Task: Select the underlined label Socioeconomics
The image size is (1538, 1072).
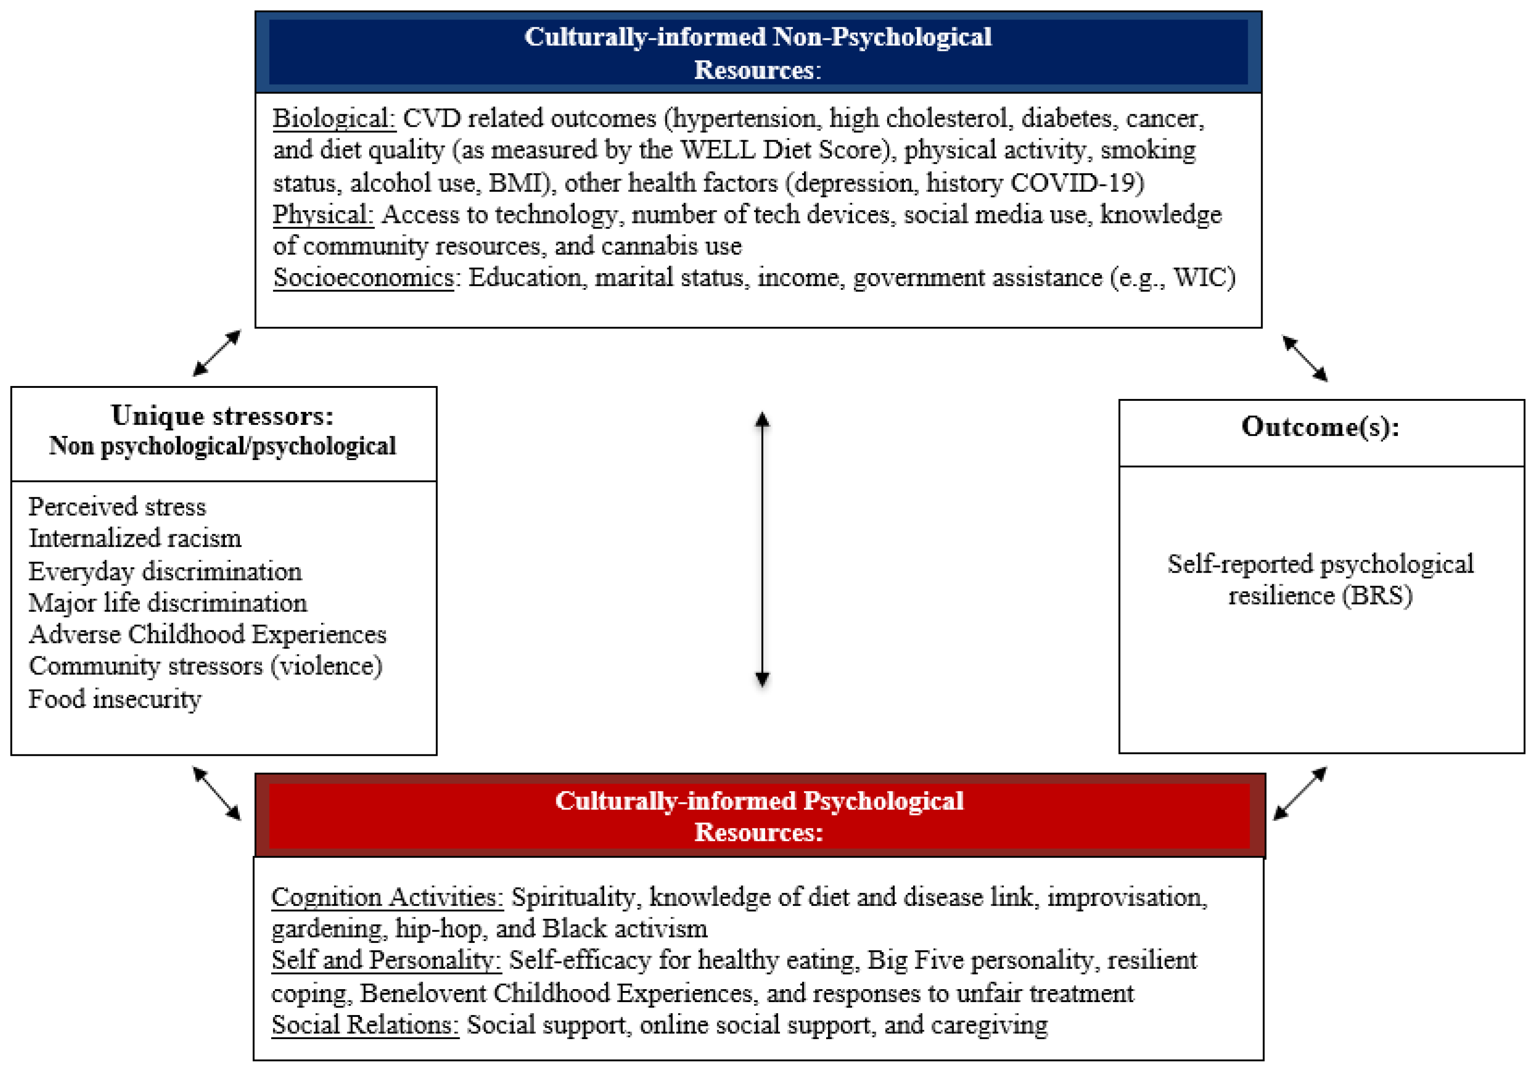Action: click(x=363, y=277)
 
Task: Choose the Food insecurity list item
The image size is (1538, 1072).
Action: click(x=114, y=699)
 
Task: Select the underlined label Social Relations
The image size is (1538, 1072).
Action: click(x=365, y=1025)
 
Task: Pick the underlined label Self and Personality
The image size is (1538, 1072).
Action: click(x=386, y=961)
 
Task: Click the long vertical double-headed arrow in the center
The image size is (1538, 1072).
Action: click(x=762, y=549)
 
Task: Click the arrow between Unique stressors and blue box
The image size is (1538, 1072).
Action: click(x=216, y=353)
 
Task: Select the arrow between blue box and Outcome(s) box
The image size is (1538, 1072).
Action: click(x=1304, y=358)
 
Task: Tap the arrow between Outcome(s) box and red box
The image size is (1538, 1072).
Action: click(x=1300, y=794)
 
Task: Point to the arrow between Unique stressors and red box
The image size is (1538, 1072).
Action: click(x=216, y=794)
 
